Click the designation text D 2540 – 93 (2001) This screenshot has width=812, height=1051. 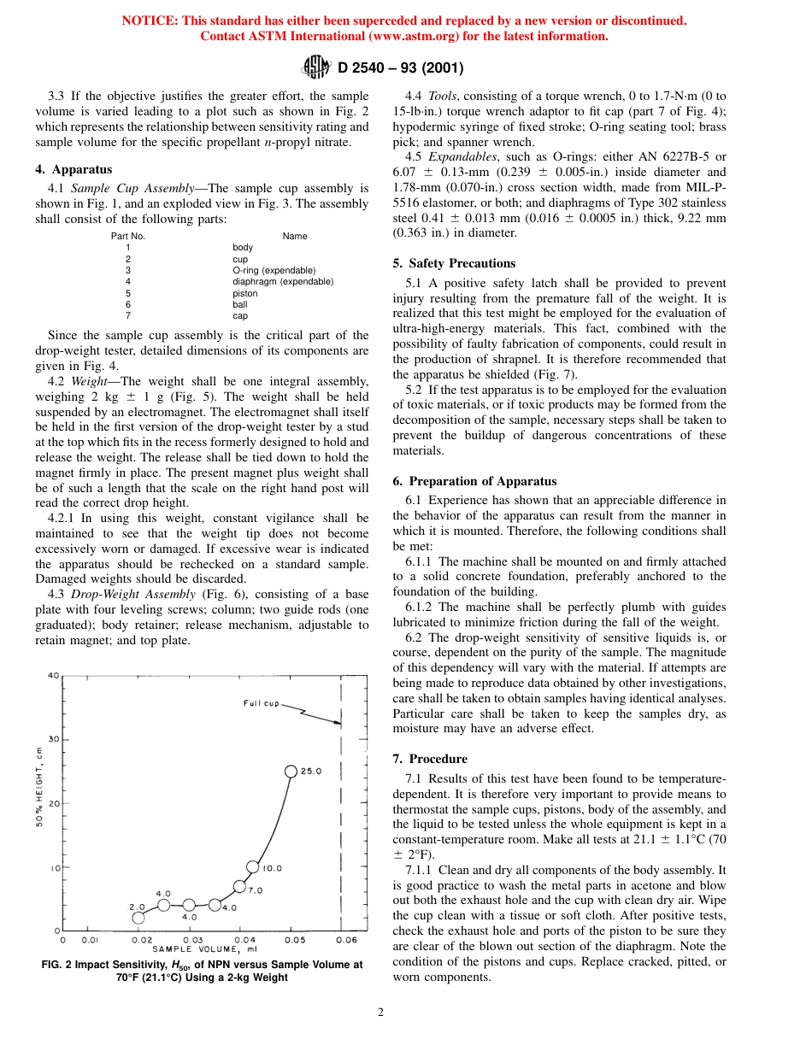[401, 68]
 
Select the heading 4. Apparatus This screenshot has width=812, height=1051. [74, 169]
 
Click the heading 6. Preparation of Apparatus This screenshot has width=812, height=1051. [474, 481]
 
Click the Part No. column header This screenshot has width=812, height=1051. [128, 236]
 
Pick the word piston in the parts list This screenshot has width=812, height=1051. [244, 293]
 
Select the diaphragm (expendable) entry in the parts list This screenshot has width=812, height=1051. [283, 281]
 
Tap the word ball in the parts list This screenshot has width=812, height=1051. [239, 304]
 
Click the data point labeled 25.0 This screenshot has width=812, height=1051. [291, 772]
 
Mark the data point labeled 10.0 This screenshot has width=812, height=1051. [252, 866]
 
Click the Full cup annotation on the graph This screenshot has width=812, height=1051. [262, 703]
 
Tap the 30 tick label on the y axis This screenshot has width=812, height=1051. [53, 739]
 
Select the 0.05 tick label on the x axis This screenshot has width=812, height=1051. [294, 940]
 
